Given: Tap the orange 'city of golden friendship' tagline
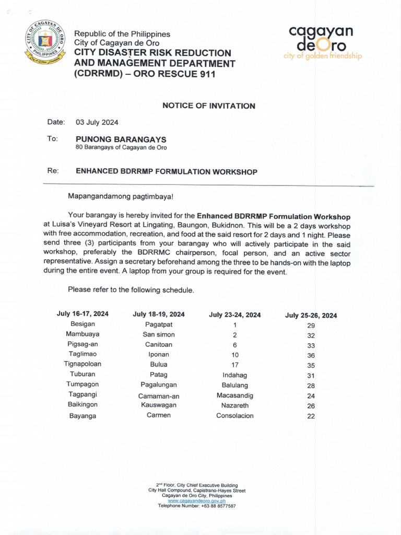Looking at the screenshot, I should tap(323, 56).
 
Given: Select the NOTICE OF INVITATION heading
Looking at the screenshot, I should tap(209, 106).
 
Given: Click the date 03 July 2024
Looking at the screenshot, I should tap(97, 122).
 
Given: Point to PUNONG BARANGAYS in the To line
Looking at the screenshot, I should tap(121, 139).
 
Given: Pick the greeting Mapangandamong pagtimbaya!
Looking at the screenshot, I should tap(120, 196).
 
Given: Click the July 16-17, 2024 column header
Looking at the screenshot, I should tap(82, 314).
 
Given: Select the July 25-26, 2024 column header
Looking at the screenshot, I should tap(311, 315).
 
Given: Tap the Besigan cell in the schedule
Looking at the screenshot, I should tap(82, 324).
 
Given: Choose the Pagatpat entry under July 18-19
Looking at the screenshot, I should tap(159, 324).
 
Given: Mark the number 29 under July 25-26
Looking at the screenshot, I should tap(311, 325).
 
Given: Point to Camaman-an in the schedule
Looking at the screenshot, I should tap(159, 396).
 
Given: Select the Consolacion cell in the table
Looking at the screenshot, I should tap(235, 416).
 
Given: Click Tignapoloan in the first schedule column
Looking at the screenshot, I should tap(82, 364).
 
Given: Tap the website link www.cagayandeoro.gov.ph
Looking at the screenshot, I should tap(197, 501).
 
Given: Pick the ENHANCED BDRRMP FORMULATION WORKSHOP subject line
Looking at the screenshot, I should tap(167, 171).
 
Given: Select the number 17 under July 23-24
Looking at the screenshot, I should tap(235, 365).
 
